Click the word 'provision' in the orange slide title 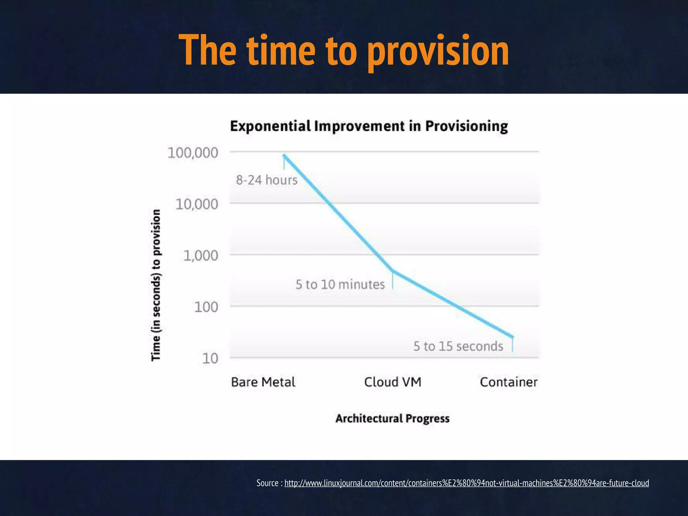click(438, 51)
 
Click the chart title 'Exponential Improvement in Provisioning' click(369, 126)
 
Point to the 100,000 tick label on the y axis click(193, 153)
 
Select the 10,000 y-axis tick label click(197, 204)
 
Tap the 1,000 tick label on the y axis click(201, 256)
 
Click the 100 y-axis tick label click(206, 307)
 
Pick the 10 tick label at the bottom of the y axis click(210, 359)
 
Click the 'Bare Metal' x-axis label click(263, 382)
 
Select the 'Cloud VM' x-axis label click(392, 382)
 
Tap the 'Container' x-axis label click(508, 382)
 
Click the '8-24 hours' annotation click(266, 180)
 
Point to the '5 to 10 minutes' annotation click(340, 285)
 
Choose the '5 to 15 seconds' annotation click(458, 346)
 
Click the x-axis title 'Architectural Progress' click(392, 419)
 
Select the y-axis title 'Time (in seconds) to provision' click(156, 285)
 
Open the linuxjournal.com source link click(466, 483)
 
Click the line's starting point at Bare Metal click(284, 155)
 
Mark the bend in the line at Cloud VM click(392, 270)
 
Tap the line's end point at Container click(512, 336)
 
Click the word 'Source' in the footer click(267, 483)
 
